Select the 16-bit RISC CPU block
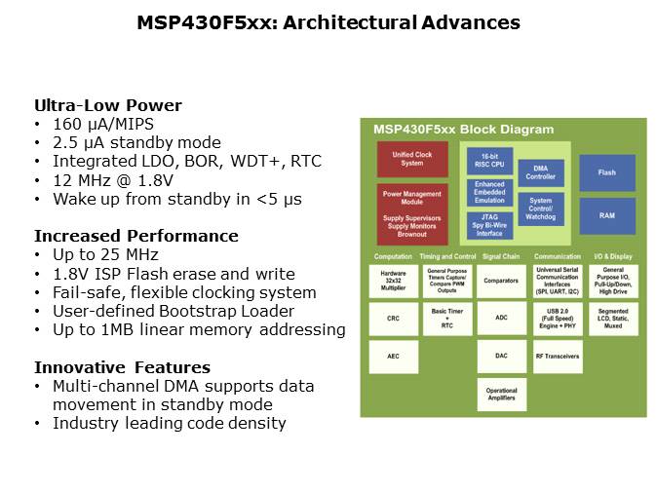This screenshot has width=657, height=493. pyautogui.click(x=488, y=161)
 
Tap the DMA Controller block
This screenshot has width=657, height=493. pyautogui.click(x=540, y=172)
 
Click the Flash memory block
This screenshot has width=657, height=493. pyautogui.click(x=606, y=172)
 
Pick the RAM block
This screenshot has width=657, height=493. pyautogui.click(x=606, y=214)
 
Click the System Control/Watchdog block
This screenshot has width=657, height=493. pyautogui.click(x=540, y=208)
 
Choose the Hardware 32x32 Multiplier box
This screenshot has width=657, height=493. pyautogui.click(x=393, y=280)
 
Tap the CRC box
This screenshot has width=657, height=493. pyautogui.click(x=393, y=318)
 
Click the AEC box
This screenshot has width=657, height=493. pyautogui.click(x=393, y=356)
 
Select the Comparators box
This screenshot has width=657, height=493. pyautogui.click(x=502, y=280)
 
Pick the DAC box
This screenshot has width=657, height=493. pyautogui.click(x=502, y=356)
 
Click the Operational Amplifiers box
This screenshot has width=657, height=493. pyautogui.click(x=502, y=394)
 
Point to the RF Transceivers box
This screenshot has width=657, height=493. pyautogui.click(x=557, y=356)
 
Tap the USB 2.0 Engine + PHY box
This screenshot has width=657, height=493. pyautogui.click(x=557, y=318)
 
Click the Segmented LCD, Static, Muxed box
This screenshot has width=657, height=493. pyautogui.click(x=613, y=318)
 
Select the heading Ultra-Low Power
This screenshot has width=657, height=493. pyautogui.click(x=107, y=105)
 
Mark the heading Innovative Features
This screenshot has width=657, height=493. pyautogui.click(x=122, y=367)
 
